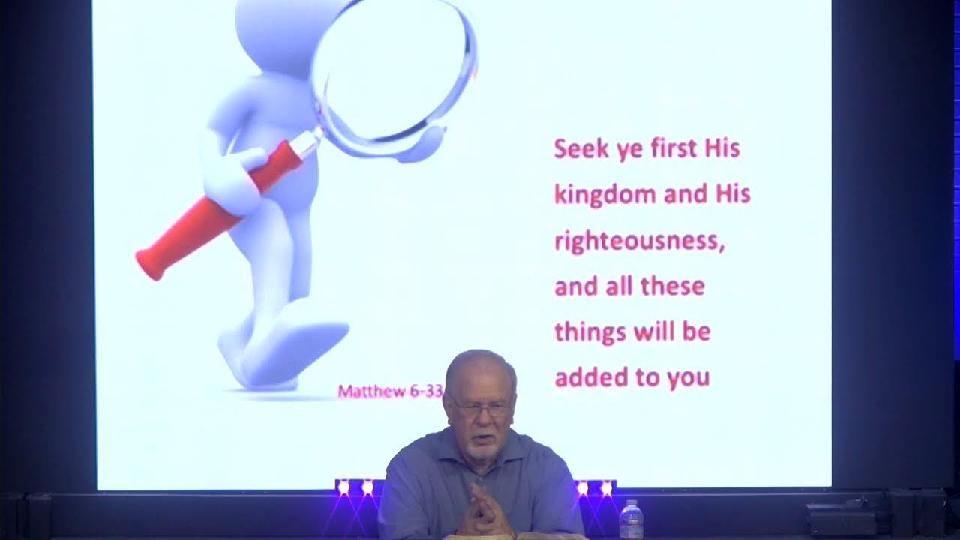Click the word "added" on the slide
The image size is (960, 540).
(x=588, y=376)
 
